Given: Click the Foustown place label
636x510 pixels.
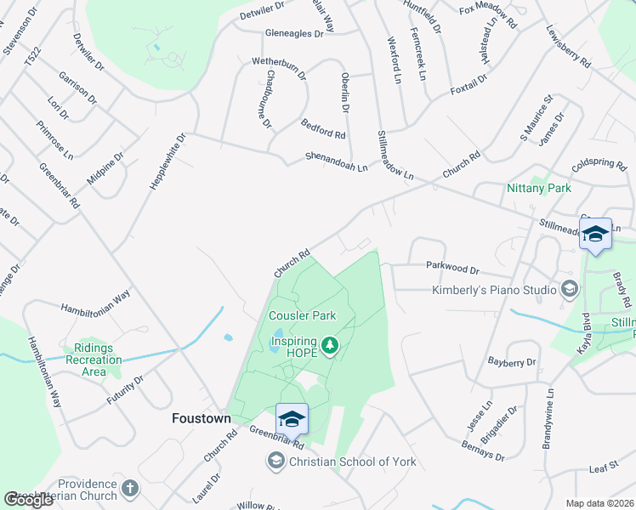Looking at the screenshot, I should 200,418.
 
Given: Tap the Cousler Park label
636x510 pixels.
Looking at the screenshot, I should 302,316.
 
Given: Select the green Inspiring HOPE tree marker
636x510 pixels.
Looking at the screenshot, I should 331,346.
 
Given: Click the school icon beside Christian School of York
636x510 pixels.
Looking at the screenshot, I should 275,462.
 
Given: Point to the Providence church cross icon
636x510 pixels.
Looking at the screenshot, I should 129,488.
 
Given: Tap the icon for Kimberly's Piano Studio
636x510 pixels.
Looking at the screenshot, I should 569,290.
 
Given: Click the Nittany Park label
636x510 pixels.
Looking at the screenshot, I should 538,188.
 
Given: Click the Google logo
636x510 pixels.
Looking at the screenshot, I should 29,500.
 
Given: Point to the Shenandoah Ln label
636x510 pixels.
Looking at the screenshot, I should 337,161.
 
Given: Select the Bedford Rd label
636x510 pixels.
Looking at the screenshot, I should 323,129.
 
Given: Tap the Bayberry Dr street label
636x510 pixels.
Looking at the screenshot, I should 513,362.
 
